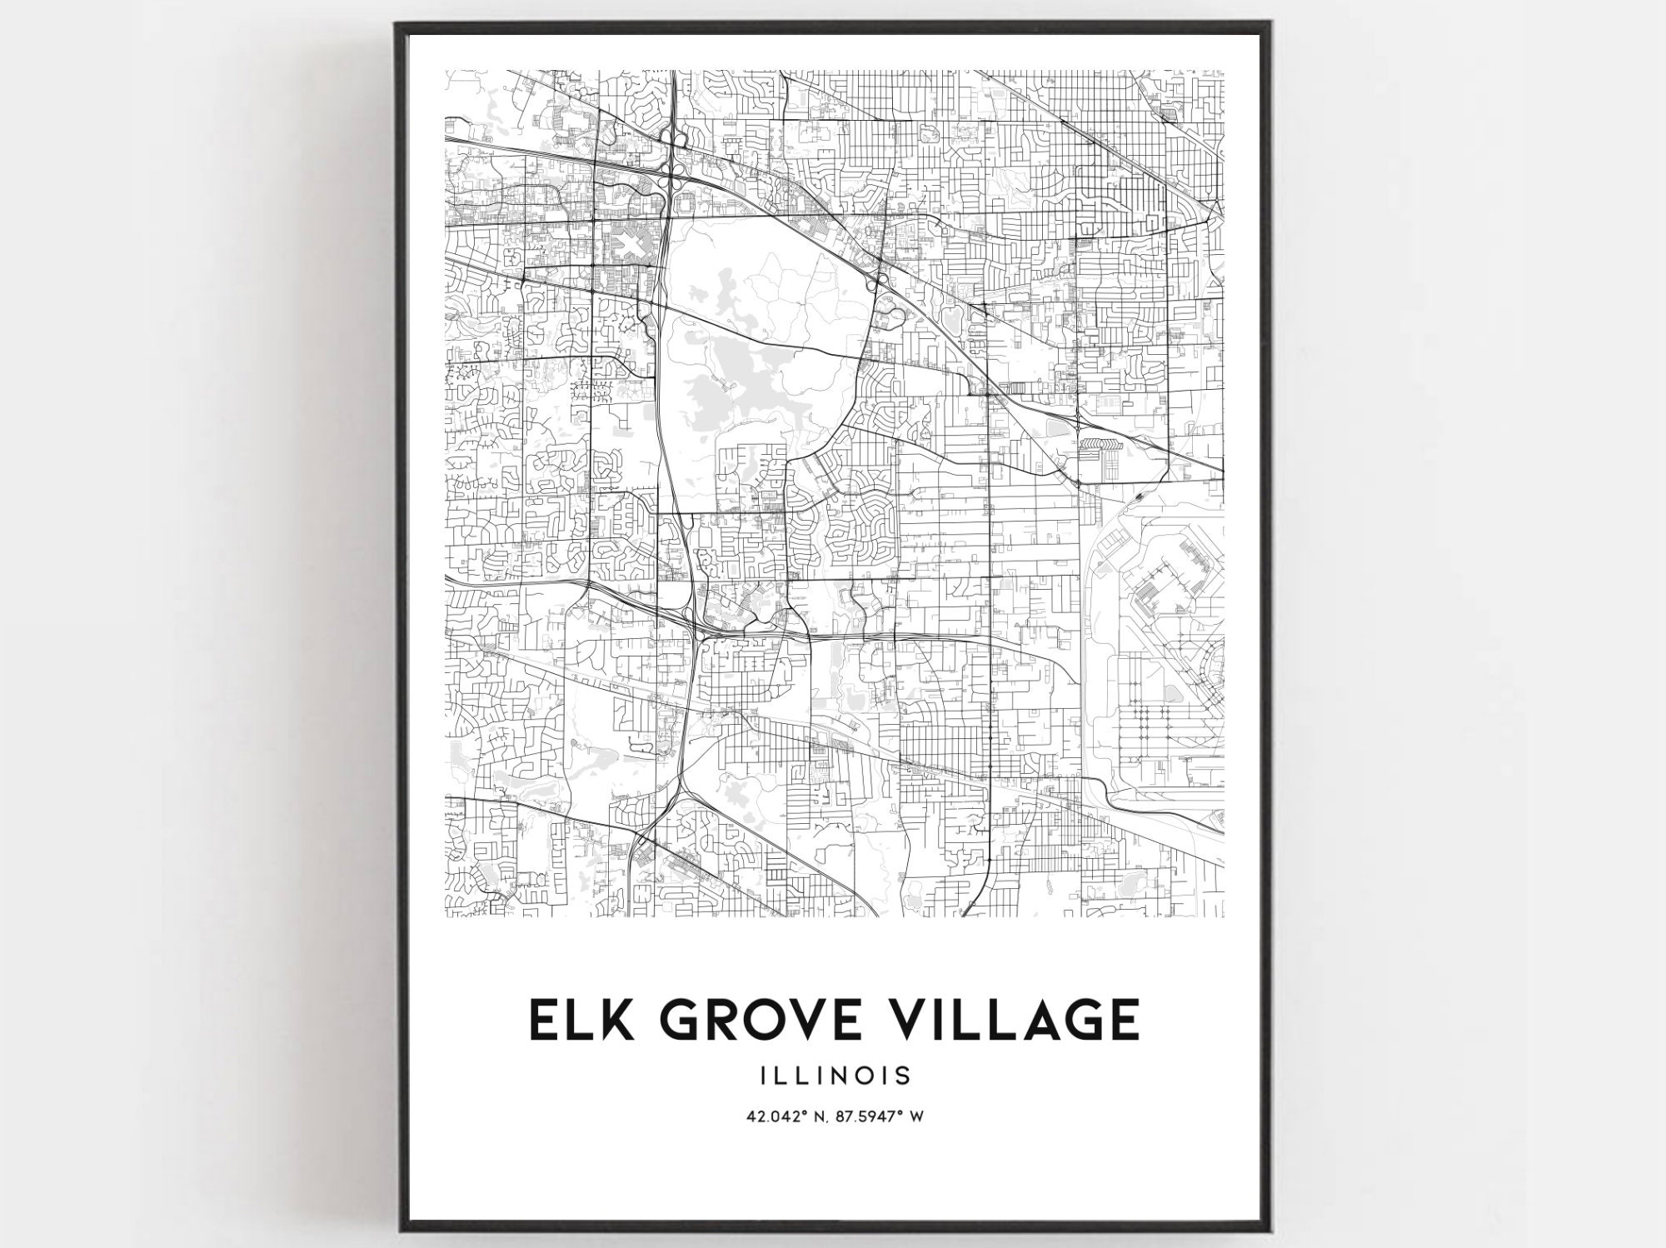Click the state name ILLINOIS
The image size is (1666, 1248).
point(834,1076)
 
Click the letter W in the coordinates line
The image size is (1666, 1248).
point(916,1117)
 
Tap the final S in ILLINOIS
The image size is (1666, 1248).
point(904,1076)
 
